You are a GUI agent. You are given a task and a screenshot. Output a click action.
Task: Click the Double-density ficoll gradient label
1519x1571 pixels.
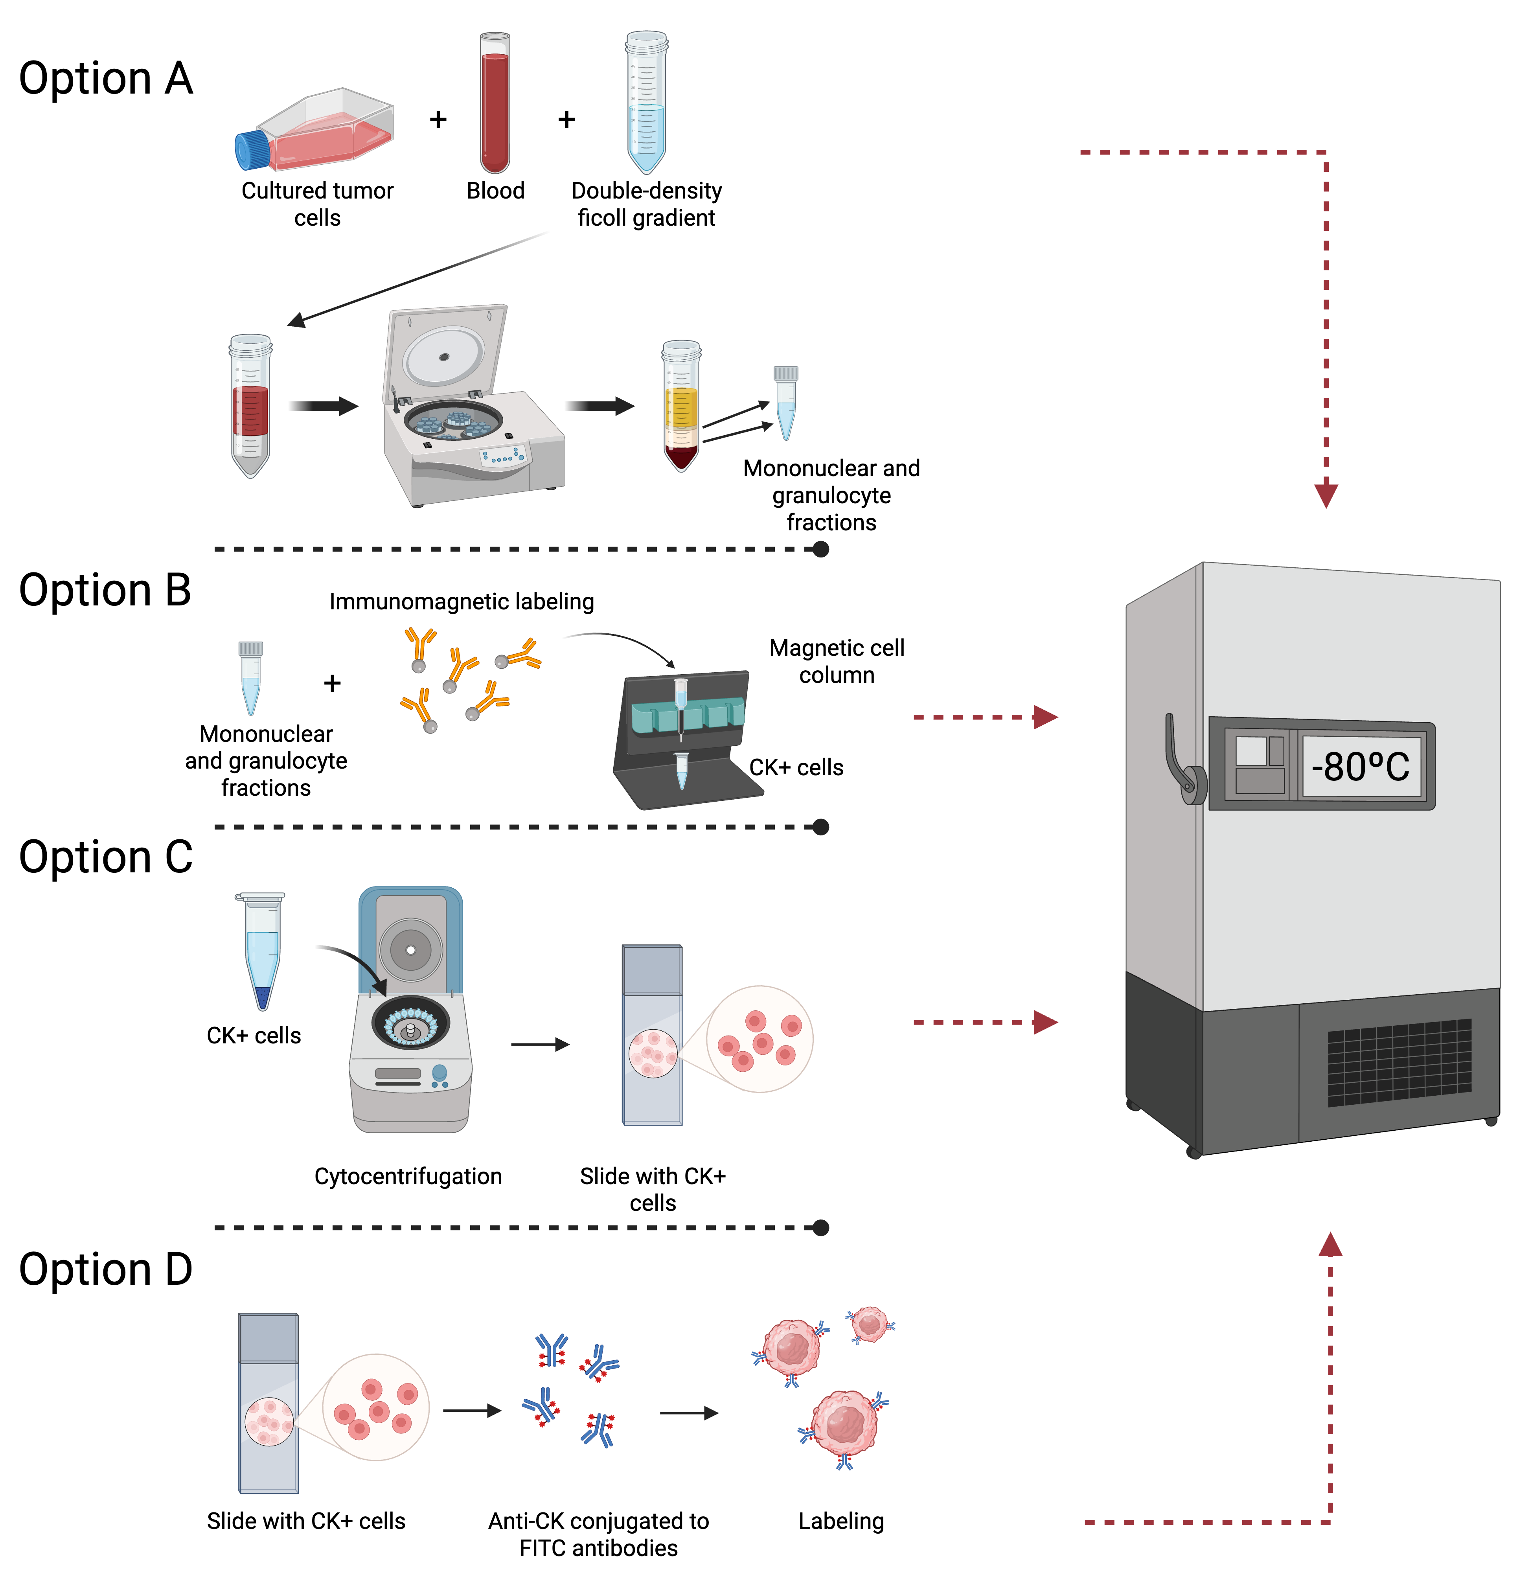coord(646,204)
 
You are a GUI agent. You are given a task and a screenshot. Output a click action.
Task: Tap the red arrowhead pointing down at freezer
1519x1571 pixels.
coord(1326,495)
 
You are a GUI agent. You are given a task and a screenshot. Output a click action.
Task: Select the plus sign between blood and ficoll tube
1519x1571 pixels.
coord(566,120)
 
